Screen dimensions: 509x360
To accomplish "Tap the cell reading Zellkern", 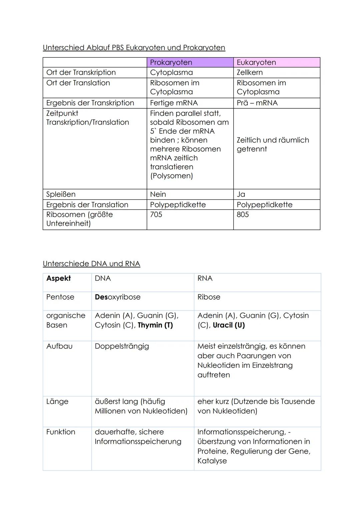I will [250, 72].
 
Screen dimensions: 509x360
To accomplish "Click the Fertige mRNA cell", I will [174, 103].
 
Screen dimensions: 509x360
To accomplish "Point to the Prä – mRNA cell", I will [257, 103].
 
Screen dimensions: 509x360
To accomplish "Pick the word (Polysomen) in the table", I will [171, 176].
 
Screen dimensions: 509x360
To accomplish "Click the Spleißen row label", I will [61, 194].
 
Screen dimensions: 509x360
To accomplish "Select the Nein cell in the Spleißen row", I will [158, 194].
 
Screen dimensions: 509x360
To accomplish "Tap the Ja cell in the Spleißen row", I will [241, 194].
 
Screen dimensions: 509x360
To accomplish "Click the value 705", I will [156, 214].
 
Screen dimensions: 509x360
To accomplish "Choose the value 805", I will [243, 214].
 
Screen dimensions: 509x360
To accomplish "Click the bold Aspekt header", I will [59, 278].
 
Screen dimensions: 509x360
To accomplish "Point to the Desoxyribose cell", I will [118, 297].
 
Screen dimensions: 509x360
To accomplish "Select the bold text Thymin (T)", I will [155, 325].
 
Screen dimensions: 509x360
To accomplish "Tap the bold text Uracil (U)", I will [229, 325].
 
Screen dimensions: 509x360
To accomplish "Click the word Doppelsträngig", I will [122, 346].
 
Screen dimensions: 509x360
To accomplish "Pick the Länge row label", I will [57, 401].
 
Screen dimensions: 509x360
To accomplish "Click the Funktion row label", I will [61, 432].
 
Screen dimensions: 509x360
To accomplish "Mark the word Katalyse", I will [212, 461].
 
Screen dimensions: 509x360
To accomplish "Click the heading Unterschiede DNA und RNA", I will [91, 264].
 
